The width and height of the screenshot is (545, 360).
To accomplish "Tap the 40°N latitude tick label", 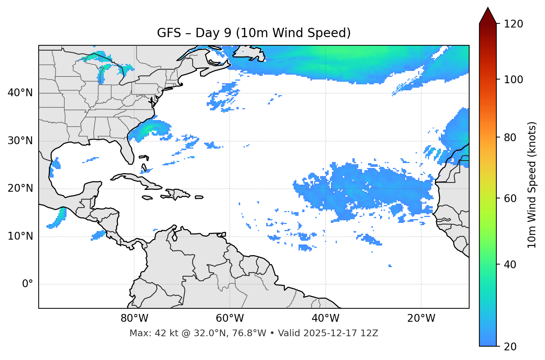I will coord(20,93).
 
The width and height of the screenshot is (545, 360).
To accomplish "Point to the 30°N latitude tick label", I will coord(20,141).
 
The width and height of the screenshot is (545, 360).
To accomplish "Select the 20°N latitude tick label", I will coord(20,188).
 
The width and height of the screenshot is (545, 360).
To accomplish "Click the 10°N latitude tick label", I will coord(20,236).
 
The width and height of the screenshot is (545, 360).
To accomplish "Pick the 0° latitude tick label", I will coord(28,284).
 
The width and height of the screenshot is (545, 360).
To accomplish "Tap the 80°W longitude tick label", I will coord(134,318).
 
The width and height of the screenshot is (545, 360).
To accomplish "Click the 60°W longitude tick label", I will coord(230,318).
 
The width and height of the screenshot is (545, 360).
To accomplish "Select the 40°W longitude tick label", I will coord(326,318).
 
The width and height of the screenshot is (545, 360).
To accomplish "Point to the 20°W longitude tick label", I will coord(421,318).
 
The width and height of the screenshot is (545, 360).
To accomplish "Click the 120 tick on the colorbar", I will coord(513,24).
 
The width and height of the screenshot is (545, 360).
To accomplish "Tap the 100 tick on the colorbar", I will coord(513,80).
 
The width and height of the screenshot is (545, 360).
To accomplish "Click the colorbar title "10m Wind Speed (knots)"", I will coord(532,185).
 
